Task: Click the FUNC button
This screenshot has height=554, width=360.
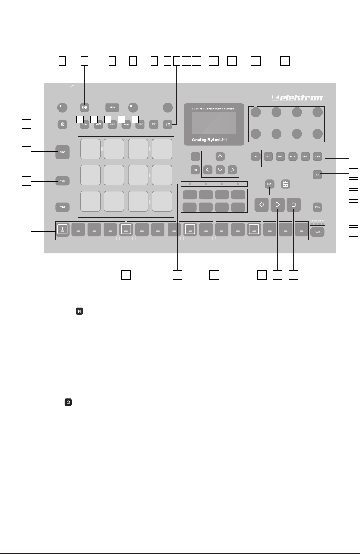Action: (62, 152)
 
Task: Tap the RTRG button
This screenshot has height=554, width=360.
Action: (62, 207)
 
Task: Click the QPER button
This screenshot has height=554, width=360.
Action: (112, 107)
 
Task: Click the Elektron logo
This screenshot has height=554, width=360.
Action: (297, 98)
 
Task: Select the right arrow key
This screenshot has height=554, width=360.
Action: (233, 170)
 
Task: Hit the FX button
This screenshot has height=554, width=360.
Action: (318, 175)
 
